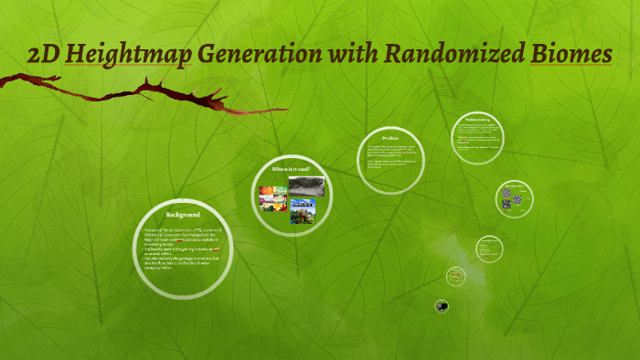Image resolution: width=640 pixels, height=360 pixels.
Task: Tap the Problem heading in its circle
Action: (390, 138)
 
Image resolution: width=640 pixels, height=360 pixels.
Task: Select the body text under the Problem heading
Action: (390, 157)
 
